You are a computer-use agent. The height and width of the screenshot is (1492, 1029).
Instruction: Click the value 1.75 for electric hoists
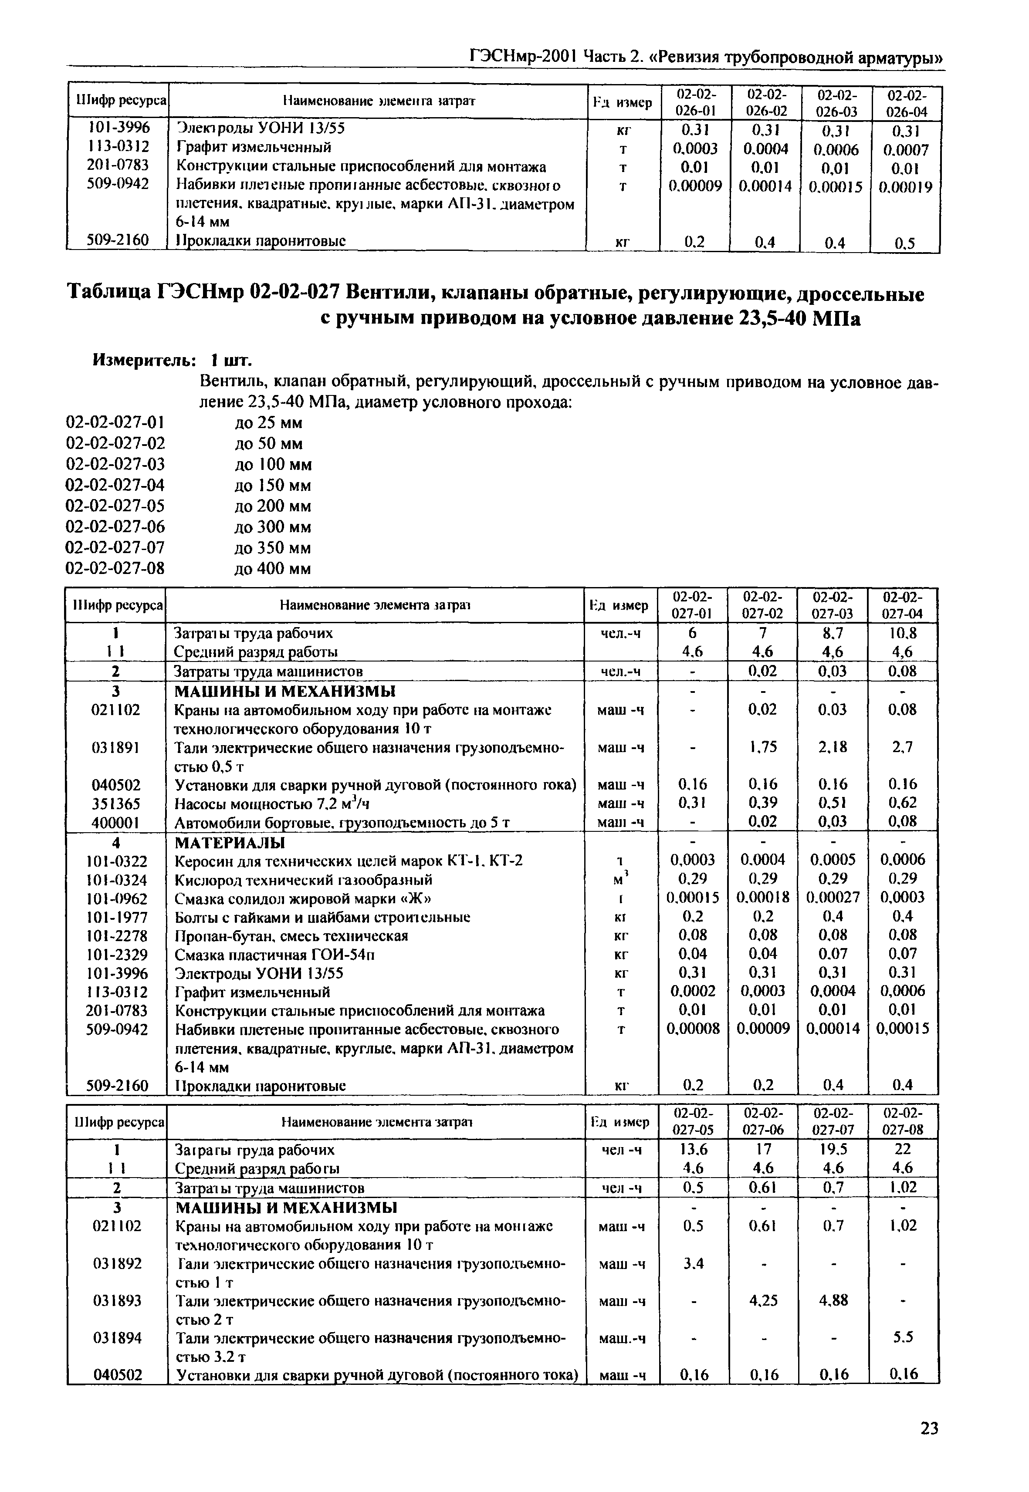click(x=763, y=747)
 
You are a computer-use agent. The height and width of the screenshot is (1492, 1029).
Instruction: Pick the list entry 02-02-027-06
click(x=115, y=527)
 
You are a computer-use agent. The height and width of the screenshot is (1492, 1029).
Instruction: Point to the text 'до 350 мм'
click(x=273, y=548)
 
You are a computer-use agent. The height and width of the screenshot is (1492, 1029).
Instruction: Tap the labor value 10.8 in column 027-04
click(x=903, y=634)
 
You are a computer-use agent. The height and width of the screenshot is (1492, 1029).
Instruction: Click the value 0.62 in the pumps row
click(x=903, y=803)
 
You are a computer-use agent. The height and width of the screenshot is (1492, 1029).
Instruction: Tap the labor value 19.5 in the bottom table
click(x=833, y=1149)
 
